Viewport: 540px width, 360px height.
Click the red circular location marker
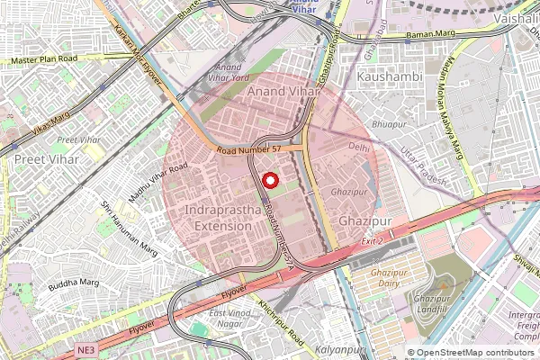[268, 181]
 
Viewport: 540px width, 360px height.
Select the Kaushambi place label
[390, 78]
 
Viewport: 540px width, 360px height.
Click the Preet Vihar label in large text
[46, 158]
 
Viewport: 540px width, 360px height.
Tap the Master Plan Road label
[45, 60]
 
